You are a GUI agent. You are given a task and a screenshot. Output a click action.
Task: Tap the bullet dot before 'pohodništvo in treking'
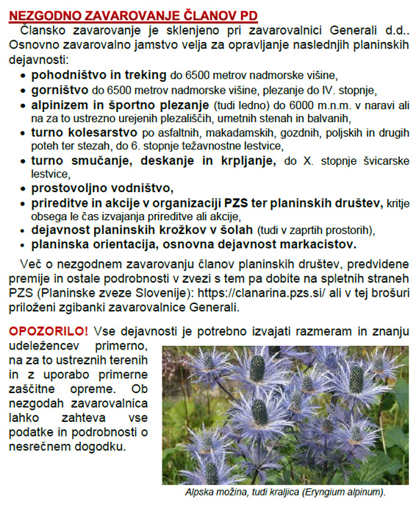coord(24,77)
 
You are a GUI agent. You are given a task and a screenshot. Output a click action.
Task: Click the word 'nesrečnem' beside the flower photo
coord(40,446)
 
